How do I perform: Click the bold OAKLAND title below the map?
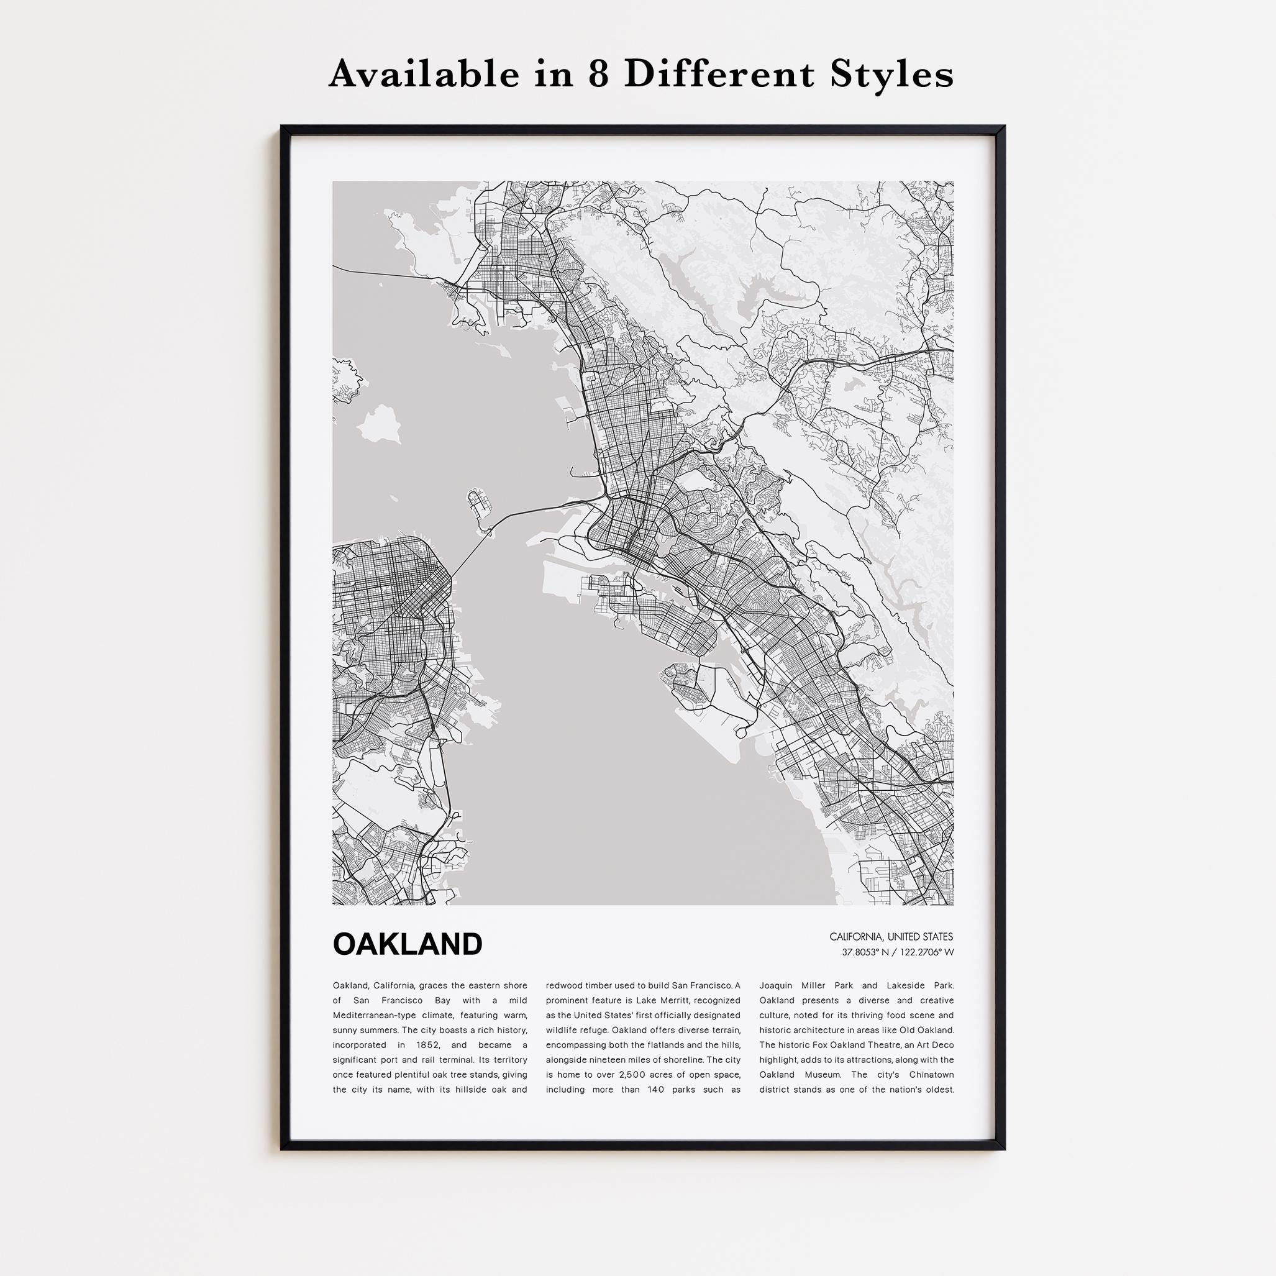(x=408, y=944)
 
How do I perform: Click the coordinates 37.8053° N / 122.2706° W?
(x=898, y=952)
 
